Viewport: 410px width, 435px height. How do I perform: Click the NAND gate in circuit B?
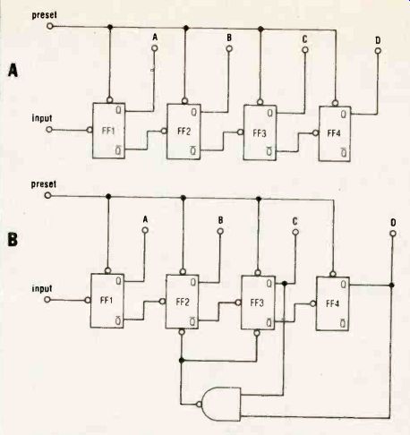tap(221, 405)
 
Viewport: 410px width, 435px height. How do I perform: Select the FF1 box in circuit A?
tap(108, 131)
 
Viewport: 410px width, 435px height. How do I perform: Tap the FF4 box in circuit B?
tap(333, 303)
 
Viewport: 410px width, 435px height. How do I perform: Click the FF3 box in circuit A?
tap(260, 132)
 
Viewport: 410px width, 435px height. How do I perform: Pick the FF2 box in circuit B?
tap(183, 302)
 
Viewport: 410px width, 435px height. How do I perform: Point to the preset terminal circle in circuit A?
tap(50, 26)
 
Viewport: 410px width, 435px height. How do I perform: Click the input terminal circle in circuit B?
tap(47, 299)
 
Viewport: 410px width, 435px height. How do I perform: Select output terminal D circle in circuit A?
tap(378, 51)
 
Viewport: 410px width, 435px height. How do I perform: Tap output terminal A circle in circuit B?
tap(145, 230)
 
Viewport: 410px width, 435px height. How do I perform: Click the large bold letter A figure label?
tap(13, 71)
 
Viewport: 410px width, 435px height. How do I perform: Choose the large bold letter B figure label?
tap(13, 239)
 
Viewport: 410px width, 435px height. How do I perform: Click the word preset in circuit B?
tap(44, 184)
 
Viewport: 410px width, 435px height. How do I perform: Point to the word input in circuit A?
tap(42, 118)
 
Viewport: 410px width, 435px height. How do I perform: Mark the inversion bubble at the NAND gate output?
tap(199, 405)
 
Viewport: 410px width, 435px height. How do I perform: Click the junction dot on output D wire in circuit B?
tap(392, 286)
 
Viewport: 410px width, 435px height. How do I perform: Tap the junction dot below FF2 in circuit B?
tap(181, 361)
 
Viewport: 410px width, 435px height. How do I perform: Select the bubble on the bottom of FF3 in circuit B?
tap(257, 332)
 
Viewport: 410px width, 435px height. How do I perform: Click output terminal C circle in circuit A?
tap(305, 50)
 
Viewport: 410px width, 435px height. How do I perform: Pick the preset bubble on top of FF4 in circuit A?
tap(336, 104)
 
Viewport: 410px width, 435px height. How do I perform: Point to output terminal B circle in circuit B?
tap(220, 231)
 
